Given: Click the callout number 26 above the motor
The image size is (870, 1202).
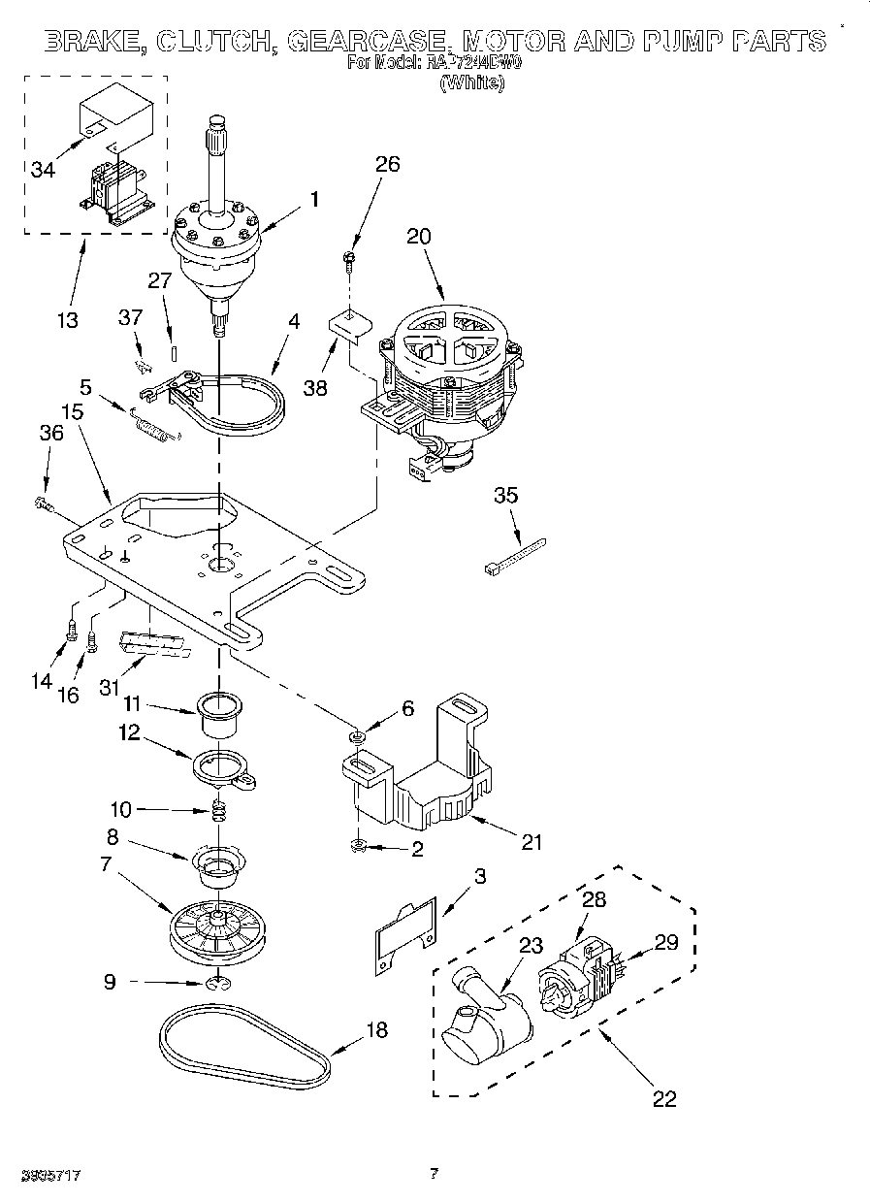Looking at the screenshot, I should [387, 165].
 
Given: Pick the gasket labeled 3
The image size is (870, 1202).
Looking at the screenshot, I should [403, 928].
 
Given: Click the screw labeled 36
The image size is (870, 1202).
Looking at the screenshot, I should [43, 503].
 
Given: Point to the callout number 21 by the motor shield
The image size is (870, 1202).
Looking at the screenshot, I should [531, 841].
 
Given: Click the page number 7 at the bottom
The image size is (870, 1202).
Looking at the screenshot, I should [434, 1174].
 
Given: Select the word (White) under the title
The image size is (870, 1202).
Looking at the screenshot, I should [471, 83].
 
